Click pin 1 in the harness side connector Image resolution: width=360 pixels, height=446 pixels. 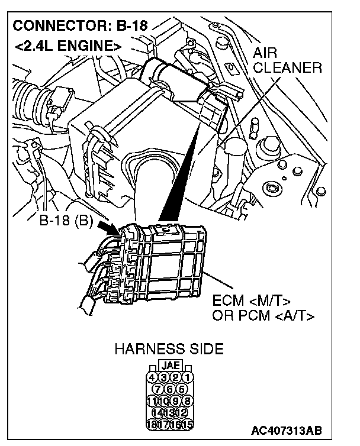coord(187,377)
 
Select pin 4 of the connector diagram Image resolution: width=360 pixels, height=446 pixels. coord(152,377)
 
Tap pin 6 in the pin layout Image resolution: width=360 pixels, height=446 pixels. coord(170,389)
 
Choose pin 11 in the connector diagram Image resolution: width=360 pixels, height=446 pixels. coord(152,400)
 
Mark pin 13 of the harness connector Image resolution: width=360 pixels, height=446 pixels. coord(170,412)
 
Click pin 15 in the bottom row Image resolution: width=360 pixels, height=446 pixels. coord(187,424)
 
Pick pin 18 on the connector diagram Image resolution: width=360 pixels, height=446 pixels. coord(152,424)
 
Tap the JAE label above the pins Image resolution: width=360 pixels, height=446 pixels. coord(170,366)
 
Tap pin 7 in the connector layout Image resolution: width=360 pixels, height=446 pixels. coord(158,389)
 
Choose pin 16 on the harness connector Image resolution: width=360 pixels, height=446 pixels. coord(175,424)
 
